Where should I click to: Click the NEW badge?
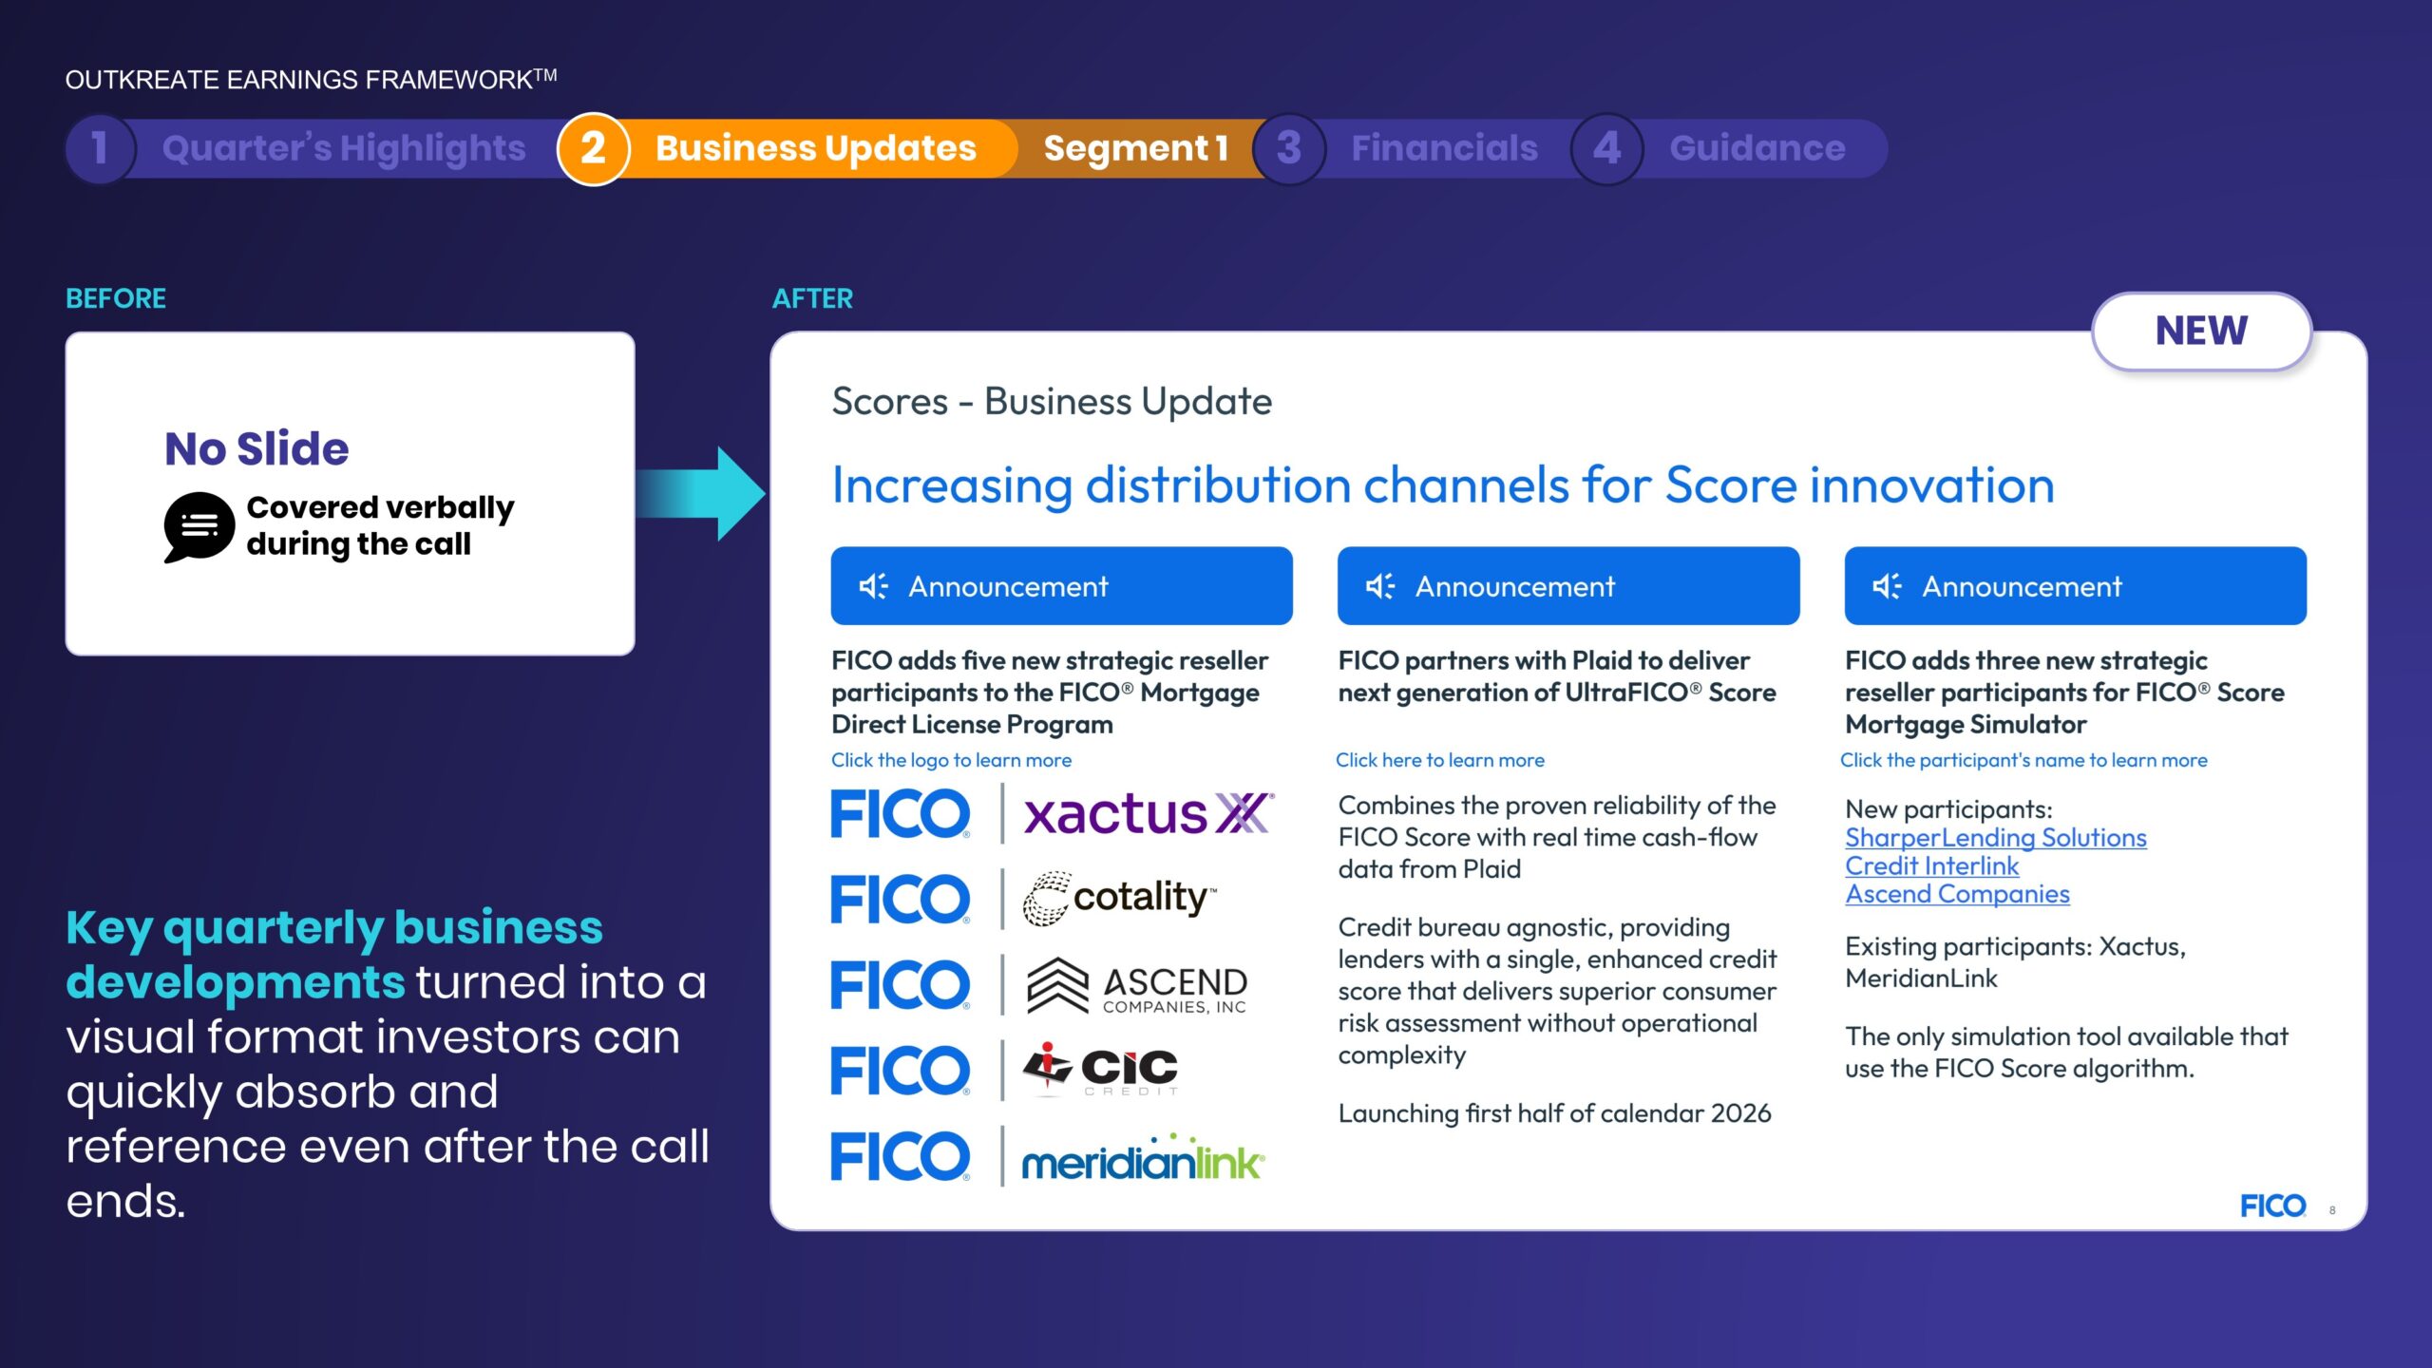point(2201,331)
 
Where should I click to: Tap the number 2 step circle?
point(593,148)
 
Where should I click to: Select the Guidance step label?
point(1757,148)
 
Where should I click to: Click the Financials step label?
point(1444,148)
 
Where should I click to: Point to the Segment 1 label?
point(1136,148)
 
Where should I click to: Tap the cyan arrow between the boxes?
point(701,493)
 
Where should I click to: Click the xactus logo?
point(1149,814)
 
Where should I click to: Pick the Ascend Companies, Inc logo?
point(1137,985)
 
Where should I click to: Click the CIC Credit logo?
point(1101,1070)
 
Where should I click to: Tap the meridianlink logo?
point(1143,1157)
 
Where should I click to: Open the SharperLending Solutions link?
point(1995,838)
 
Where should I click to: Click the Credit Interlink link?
point(1931,866)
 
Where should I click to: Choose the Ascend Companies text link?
point(1957,894)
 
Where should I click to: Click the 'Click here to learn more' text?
point(1440,760)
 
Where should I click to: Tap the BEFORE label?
point(116,298)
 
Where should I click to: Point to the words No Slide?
point(256,448)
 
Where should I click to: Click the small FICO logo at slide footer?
point(2272,1206)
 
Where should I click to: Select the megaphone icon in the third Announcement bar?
point(1887,586)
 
